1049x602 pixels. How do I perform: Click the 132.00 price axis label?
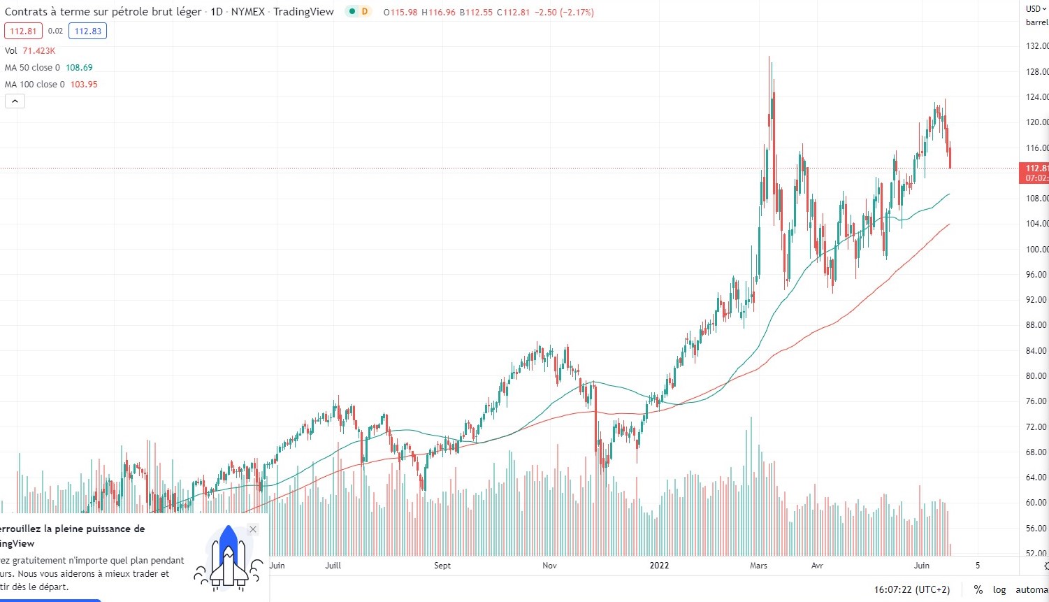[x=1036, y=46]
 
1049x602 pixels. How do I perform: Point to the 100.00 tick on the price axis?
[x=1036, y=250]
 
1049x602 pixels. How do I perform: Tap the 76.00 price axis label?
[x=1036, y=401]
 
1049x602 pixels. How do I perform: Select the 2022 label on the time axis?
[x=659, y=566]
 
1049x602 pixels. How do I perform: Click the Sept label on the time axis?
[x=442, y=566]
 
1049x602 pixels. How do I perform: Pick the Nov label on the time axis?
[x=549, y=566]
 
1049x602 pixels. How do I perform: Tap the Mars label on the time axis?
[x=758, y=566]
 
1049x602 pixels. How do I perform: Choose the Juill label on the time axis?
[x=333, y=566]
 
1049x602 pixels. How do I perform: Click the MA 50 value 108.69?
[x=79, y=68]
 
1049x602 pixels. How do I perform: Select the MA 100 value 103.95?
[x=84, y=85]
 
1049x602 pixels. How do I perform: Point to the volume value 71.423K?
[x=39, y=51]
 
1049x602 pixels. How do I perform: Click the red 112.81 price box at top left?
[x=23, y=31]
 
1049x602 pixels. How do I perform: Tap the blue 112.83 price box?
[x=87, y=31]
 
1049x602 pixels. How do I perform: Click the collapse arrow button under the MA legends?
[x=15, y=101]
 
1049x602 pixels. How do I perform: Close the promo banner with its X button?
[x=253, y=529]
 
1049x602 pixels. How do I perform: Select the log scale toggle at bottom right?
[x=999, y=590]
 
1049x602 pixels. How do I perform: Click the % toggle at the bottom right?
[x=978, y=590]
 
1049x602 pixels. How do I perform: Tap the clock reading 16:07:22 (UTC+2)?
[x=912, y=590]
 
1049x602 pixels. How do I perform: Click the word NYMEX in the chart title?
[x=247, y=12]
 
